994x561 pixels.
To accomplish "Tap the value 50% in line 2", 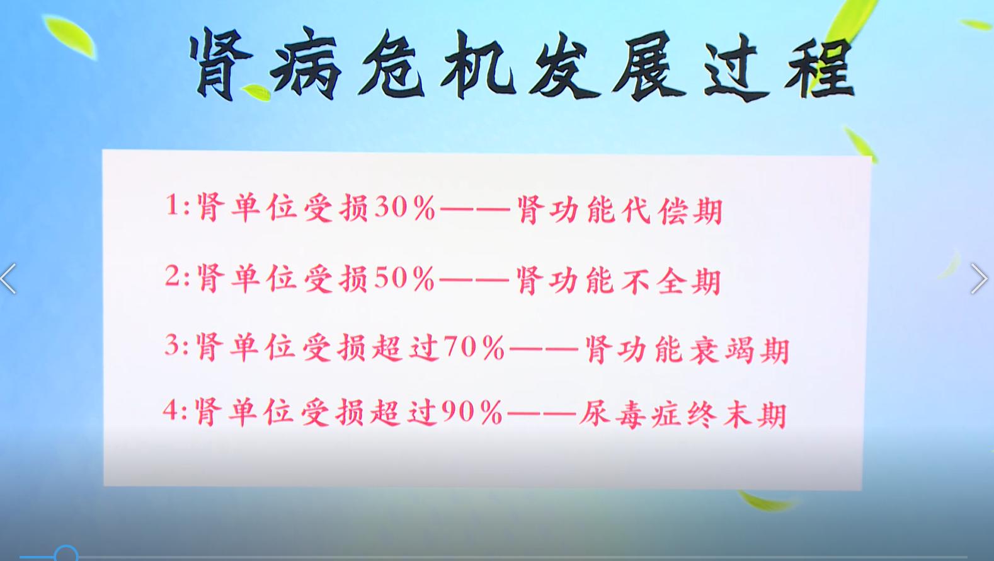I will [x=404, y=279].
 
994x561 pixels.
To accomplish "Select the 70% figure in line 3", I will [x=473, y=348].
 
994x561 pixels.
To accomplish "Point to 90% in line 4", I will [x=471, y=413].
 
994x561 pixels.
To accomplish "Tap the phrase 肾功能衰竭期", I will [x=687, y=349].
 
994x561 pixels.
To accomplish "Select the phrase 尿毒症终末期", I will [x=683, y=415].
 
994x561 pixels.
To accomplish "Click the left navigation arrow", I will [x=9, y=279].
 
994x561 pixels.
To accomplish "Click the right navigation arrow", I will [x=978, y=279].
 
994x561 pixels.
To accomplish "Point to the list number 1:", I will [x=177, y=207].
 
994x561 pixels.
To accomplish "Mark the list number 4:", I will [x=175, y=412].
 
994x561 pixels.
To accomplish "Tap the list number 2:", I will [x=177, y=277].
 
